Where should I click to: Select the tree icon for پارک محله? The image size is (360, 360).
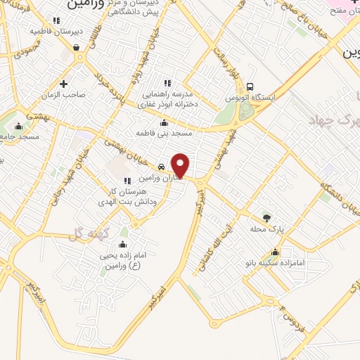[x=266, y=217]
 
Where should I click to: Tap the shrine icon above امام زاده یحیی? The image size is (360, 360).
[x=124, y=245]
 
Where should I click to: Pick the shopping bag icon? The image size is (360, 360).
[x=75, y=48]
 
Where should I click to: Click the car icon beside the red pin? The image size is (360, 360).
[x=162, y=167]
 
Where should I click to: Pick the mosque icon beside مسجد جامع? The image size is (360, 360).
[x=19, y=127]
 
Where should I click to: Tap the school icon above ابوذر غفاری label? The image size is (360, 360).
[x=167, y=83]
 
